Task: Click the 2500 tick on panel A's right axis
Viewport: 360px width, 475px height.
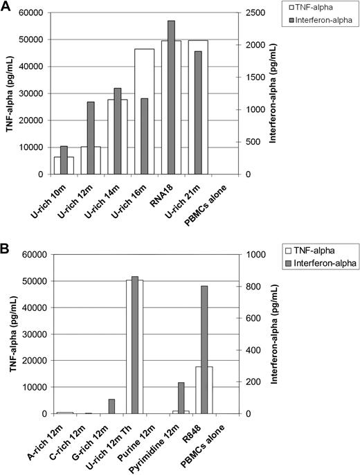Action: [256, 13]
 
